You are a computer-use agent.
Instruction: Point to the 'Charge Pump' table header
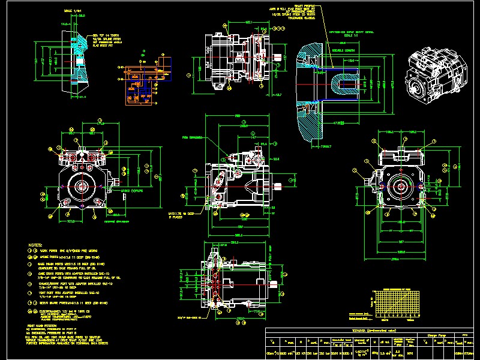tap(436, 334)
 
